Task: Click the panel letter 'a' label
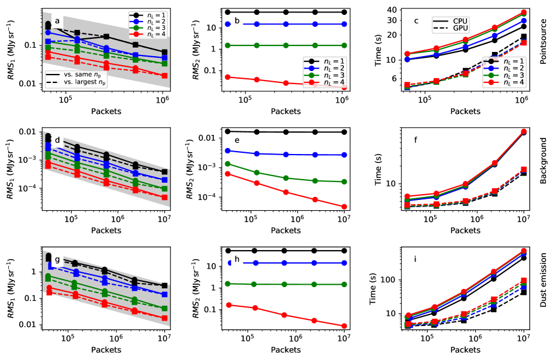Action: tap(57, 21)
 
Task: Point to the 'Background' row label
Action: tap(543, 169)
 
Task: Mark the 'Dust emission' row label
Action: tap(543, 288)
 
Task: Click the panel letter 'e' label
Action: tap(238, 141)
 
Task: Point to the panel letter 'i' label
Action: tap(416, 260)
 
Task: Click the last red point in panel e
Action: tap(344, 207)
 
